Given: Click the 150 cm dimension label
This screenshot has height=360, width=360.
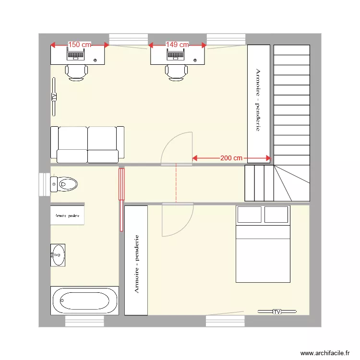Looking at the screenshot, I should [80, 45].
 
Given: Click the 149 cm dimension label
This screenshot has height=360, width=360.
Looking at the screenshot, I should [178, 45].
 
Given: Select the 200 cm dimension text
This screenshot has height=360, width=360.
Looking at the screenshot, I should [231, 158].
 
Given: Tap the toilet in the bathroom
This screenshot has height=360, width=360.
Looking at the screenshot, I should [64, 183].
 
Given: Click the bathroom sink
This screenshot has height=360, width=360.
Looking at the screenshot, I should [58, 255].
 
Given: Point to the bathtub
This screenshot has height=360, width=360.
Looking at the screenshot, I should [84, 300].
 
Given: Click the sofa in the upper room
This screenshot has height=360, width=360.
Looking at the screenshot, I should [87, 144].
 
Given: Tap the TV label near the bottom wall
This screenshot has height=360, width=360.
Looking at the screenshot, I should [276, 312].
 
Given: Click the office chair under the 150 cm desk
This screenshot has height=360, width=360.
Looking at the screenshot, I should [77, 72].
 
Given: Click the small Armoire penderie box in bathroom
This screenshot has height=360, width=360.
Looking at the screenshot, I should [68, 216].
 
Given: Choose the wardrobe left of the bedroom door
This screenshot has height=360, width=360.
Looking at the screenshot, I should [136, 261].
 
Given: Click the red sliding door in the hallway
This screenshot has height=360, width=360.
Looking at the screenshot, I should [121, 183].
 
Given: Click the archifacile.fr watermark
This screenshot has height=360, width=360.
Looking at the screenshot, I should [325, 352].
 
